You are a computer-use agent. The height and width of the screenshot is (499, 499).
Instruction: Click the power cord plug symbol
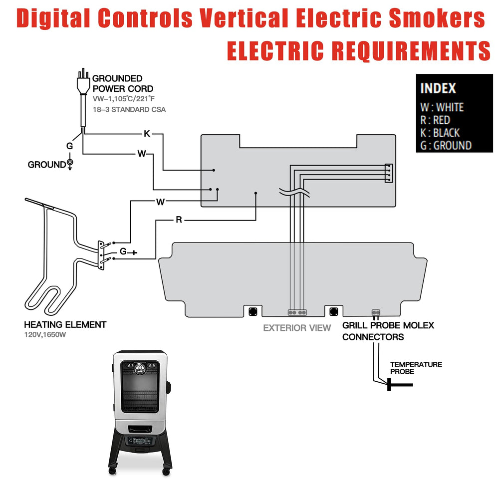pos(83,81)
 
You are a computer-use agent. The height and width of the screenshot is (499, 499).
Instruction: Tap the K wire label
pos(147,134)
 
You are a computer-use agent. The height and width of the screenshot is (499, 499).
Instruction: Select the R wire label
pos(179,220)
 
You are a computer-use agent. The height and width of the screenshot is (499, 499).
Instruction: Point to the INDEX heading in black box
pos(438,88)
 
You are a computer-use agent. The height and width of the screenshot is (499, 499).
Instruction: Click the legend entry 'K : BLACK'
pos(440,133)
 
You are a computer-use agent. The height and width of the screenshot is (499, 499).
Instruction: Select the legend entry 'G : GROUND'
pos(446,145)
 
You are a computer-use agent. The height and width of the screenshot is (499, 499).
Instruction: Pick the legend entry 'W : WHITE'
pos(442,107)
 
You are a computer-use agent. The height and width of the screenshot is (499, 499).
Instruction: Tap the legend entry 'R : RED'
pos(435,120)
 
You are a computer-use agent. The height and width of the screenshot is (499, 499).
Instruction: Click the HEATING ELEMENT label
pos(65,325)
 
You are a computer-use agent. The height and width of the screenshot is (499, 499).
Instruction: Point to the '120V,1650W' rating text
pos(45,335)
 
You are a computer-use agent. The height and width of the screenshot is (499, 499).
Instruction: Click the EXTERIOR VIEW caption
pos(297,328)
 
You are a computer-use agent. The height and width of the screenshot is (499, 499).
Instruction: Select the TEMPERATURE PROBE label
pos(416,368)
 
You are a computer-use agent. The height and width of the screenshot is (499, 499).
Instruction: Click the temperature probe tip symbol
pos(399,385)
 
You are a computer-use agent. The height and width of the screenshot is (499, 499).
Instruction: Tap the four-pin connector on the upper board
pos(389,173)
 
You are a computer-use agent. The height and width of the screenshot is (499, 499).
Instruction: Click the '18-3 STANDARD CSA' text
pos(129,109)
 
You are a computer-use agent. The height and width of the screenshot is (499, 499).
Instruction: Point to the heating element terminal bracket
pos(101,255)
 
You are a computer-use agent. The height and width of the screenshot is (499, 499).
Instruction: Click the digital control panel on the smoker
pos(140,441)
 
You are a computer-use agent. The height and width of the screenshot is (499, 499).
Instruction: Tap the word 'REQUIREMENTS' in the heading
pos(411,50)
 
